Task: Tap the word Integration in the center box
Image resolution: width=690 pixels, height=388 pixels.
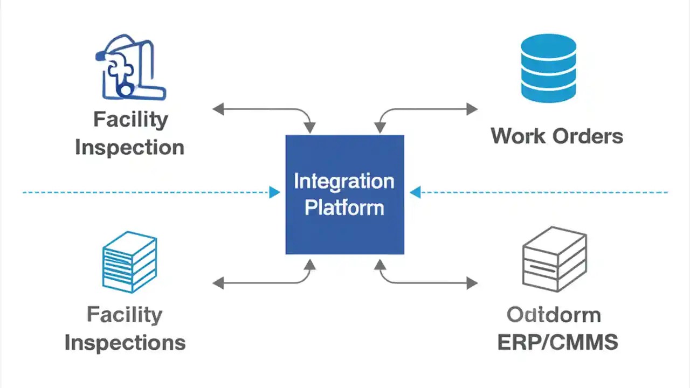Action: [x=344, y=182]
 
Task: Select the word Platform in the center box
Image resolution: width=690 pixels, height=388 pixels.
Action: [x=344, y=208]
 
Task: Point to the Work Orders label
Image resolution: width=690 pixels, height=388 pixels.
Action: [x=556, y=136]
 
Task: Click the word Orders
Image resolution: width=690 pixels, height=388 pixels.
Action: [x=589, y=136]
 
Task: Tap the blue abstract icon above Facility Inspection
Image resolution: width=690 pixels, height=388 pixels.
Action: [x=129, y=67]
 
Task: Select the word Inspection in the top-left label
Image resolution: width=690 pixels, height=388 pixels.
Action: [x=129, y=147]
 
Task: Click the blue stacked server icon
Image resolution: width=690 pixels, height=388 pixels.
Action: [x=129, y=262]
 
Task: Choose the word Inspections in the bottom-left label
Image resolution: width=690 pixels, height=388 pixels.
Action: [x=125, y=343]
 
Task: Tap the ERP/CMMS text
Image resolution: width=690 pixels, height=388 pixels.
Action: [x=557, y=343]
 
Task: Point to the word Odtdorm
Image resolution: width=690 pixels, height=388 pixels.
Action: [x=554, y=315]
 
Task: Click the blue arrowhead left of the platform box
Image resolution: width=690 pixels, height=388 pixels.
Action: [x=275, y=192]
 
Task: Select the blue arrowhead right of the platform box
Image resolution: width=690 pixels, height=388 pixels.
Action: [x=415, y=192]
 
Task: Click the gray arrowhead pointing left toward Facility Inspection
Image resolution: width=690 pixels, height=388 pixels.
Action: [x=218, y=109]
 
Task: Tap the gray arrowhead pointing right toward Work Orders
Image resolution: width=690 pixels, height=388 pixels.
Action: [x=472, y=109]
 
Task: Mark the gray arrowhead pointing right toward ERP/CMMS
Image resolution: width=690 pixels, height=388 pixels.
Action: [x=472, y=282]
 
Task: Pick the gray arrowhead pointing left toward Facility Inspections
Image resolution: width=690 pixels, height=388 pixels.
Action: [x=218, y=282]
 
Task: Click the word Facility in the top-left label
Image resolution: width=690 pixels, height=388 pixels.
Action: [x=130, y=120]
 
